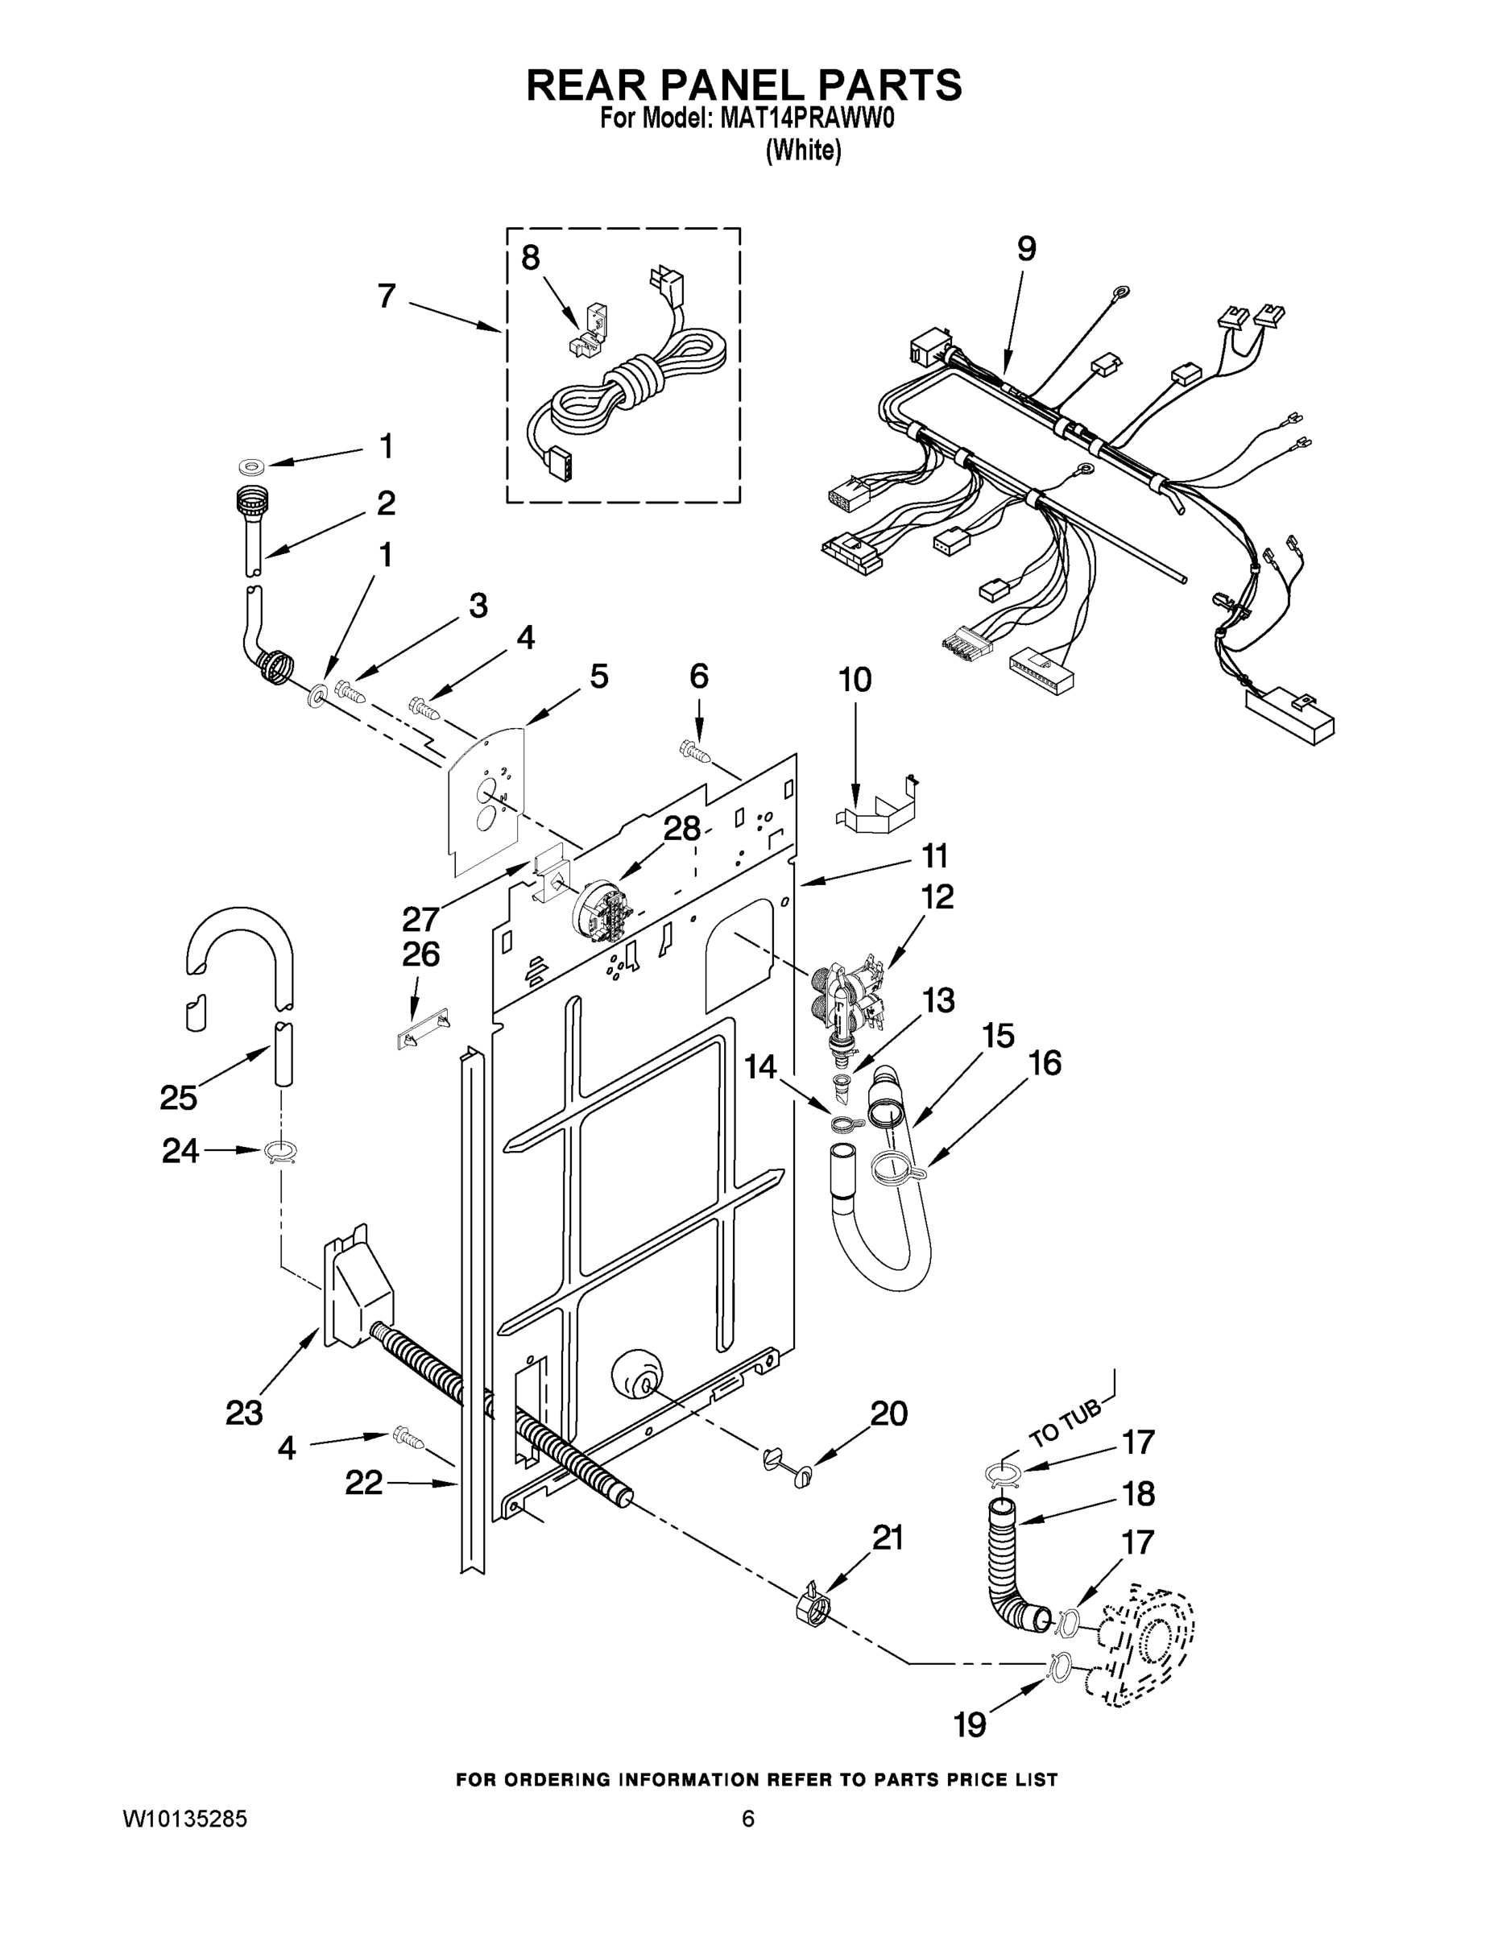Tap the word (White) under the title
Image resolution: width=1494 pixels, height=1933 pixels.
pos(802,151)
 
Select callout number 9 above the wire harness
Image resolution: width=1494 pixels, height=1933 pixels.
pos(1025,249)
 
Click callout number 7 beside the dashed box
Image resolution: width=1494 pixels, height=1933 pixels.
pos(387,296)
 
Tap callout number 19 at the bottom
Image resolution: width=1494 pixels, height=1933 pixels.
pos(970,1724)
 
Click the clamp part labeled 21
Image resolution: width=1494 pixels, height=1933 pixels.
pos(813,1608)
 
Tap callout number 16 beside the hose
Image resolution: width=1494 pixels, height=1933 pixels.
pos(1045,1063)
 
